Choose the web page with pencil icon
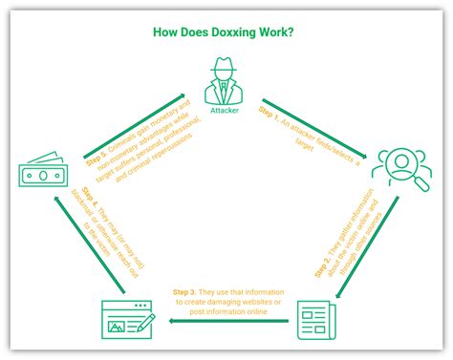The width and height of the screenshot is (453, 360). (127, 319)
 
